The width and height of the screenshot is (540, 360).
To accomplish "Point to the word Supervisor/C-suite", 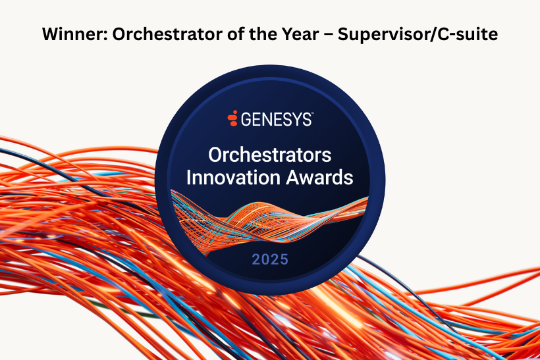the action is (418, 35).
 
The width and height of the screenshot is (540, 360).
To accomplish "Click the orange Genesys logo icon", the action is (233, 118).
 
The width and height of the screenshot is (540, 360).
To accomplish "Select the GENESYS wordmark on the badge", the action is (276, 119).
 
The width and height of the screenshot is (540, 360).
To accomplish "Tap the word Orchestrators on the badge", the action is (269, 155).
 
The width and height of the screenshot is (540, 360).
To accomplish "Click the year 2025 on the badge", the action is (269, 259).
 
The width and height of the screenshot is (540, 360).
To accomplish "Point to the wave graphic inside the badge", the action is (269, 220).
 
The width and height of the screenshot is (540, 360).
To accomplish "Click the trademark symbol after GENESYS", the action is (312, 113).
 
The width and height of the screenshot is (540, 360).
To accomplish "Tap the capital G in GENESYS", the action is (246, 119).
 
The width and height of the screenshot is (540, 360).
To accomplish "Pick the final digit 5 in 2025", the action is (284, 259).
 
